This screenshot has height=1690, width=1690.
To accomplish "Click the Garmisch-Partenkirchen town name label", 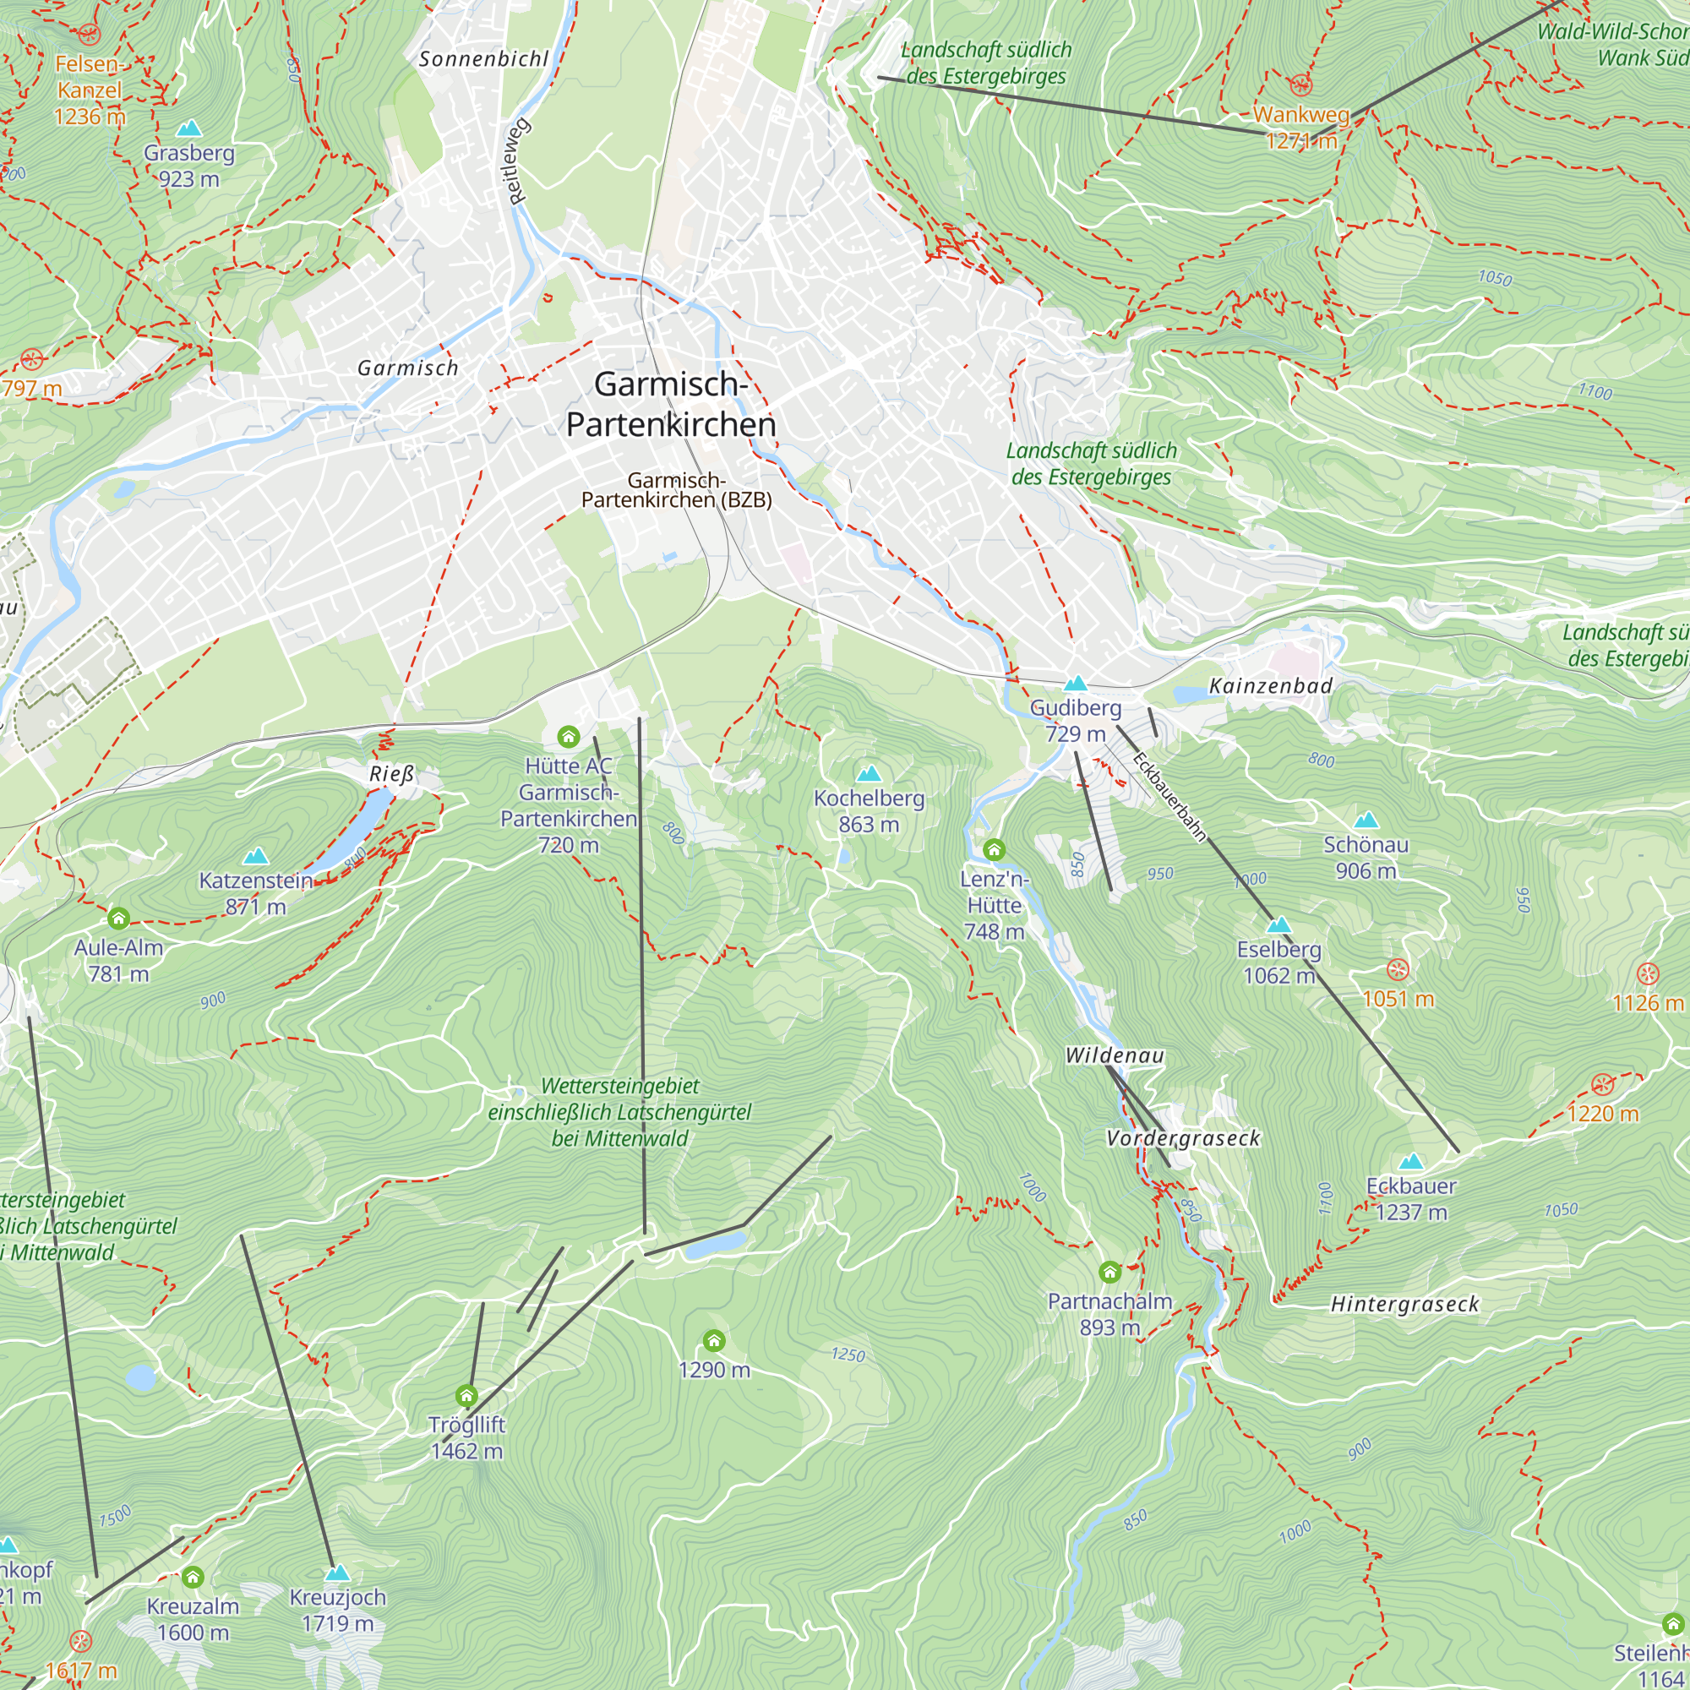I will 671,404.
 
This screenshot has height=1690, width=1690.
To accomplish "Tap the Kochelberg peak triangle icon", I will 869,773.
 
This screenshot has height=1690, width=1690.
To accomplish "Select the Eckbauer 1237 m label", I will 1411,1199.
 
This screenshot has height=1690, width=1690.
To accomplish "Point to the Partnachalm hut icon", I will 1109,1272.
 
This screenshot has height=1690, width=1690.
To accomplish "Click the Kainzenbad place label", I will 1270,686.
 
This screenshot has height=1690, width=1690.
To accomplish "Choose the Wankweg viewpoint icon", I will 1300,84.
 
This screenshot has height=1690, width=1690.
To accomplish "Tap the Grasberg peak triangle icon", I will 189,128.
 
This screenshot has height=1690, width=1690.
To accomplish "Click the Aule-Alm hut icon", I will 119,919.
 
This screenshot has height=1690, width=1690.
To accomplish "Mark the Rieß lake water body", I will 354,826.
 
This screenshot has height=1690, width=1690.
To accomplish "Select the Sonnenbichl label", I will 483,58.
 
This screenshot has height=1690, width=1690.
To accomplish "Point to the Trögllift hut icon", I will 467,1395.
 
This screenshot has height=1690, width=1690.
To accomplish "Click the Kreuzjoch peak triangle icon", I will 337,1573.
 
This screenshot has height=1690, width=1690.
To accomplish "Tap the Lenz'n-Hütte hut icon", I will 994,849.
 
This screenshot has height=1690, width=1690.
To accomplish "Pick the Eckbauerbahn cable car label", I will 1169,796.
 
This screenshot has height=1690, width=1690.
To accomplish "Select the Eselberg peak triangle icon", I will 1278,924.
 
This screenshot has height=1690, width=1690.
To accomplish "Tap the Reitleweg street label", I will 518,161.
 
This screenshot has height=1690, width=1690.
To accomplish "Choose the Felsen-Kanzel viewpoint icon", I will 89,34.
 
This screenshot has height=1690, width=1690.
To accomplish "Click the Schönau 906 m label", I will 1366,857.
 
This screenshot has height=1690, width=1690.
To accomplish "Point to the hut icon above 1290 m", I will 714,1341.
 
